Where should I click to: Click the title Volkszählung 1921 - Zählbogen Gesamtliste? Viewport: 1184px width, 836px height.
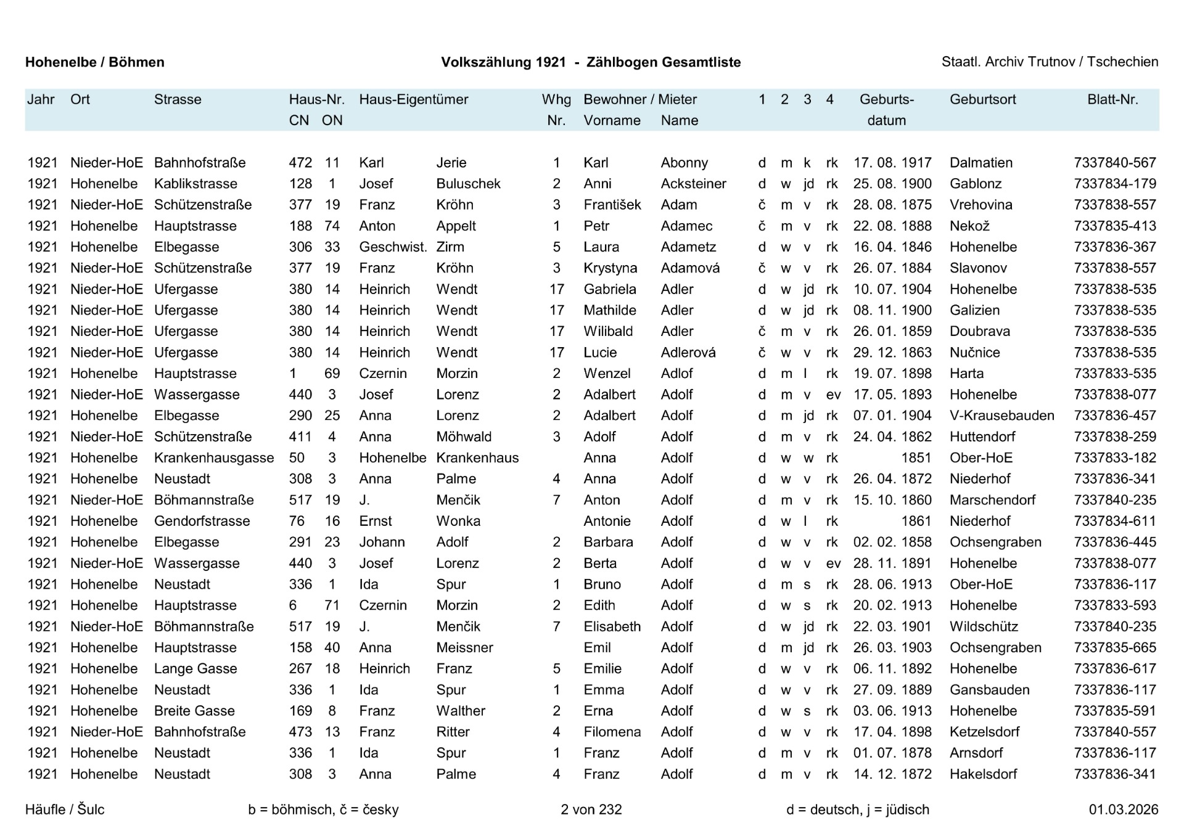591,62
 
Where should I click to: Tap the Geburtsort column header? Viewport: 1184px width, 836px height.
982,99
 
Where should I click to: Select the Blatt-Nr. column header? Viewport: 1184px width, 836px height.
1112,99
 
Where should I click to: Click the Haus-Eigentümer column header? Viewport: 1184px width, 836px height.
413,99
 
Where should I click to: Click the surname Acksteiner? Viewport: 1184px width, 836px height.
693,184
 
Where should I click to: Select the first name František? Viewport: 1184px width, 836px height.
612,205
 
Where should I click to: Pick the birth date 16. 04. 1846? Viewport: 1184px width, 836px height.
892,247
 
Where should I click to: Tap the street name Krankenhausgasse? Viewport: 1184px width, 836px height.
213,458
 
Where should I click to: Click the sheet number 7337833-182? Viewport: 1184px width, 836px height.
1114,458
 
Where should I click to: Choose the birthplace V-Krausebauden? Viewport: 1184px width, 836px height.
1001,416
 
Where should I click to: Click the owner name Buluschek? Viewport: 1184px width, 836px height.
468,184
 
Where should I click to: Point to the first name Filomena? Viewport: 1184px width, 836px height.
612,732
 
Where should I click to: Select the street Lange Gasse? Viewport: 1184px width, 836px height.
195,669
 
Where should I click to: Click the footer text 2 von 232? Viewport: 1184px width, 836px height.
591,809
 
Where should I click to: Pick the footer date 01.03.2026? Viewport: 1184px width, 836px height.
1123,809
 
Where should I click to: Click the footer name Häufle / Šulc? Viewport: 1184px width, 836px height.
65,809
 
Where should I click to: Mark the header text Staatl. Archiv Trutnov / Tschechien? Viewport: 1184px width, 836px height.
1050,62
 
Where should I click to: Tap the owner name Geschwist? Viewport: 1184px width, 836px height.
393,247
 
